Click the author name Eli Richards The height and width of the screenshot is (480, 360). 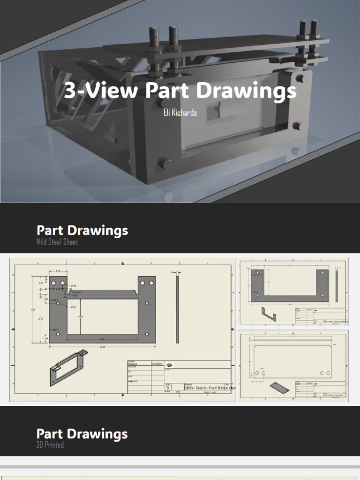(x=180, y=112)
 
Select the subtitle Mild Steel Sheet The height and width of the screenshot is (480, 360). (x=57, y=242)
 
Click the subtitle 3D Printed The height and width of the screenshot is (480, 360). (x=50, y=444)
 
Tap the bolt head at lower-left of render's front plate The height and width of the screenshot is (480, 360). (x=165, y=163)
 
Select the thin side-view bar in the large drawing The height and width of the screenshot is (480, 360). (x=177, y=309)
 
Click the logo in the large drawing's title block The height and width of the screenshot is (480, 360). (x=170, y=365)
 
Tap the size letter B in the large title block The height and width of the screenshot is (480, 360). (x=168, y=388)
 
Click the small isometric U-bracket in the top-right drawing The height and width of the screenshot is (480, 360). (x=269, y=314)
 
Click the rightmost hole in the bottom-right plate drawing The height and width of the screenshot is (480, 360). (x=327, y=373)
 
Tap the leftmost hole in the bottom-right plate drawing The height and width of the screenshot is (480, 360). (x=257, y=373)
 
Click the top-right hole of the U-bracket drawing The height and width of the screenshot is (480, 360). (x=322, y=272)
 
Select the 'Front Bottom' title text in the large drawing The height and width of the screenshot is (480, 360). (x=220, y=388)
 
